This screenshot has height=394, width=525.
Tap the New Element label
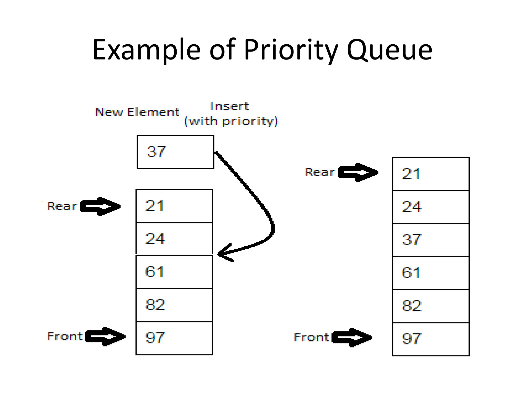[137, 112]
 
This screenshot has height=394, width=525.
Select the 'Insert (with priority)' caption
[231, 114]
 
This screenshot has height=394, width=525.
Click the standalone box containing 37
[175, 152]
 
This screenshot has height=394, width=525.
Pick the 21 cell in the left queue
[174, 206]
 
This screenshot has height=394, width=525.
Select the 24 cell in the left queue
[174, 239]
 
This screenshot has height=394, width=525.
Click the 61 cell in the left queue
[174, 272]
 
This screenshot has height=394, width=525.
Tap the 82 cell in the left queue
[174, 305]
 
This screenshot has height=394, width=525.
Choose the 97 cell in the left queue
[174, 338]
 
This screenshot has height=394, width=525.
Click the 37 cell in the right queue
[431, 240]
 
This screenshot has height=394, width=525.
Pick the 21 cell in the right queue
[431, 174]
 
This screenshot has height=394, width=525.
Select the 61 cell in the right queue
[431, 273]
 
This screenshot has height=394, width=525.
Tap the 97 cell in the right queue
[431, 339]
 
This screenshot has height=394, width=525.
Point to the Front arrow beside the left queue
[105, 337]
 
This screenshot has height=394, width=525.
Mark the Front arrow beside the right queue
[352, 338]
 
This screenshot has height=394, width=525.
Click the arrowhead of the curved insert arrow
[223, 254]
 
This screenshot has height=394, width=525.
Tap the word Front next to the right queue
[311, 338]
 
